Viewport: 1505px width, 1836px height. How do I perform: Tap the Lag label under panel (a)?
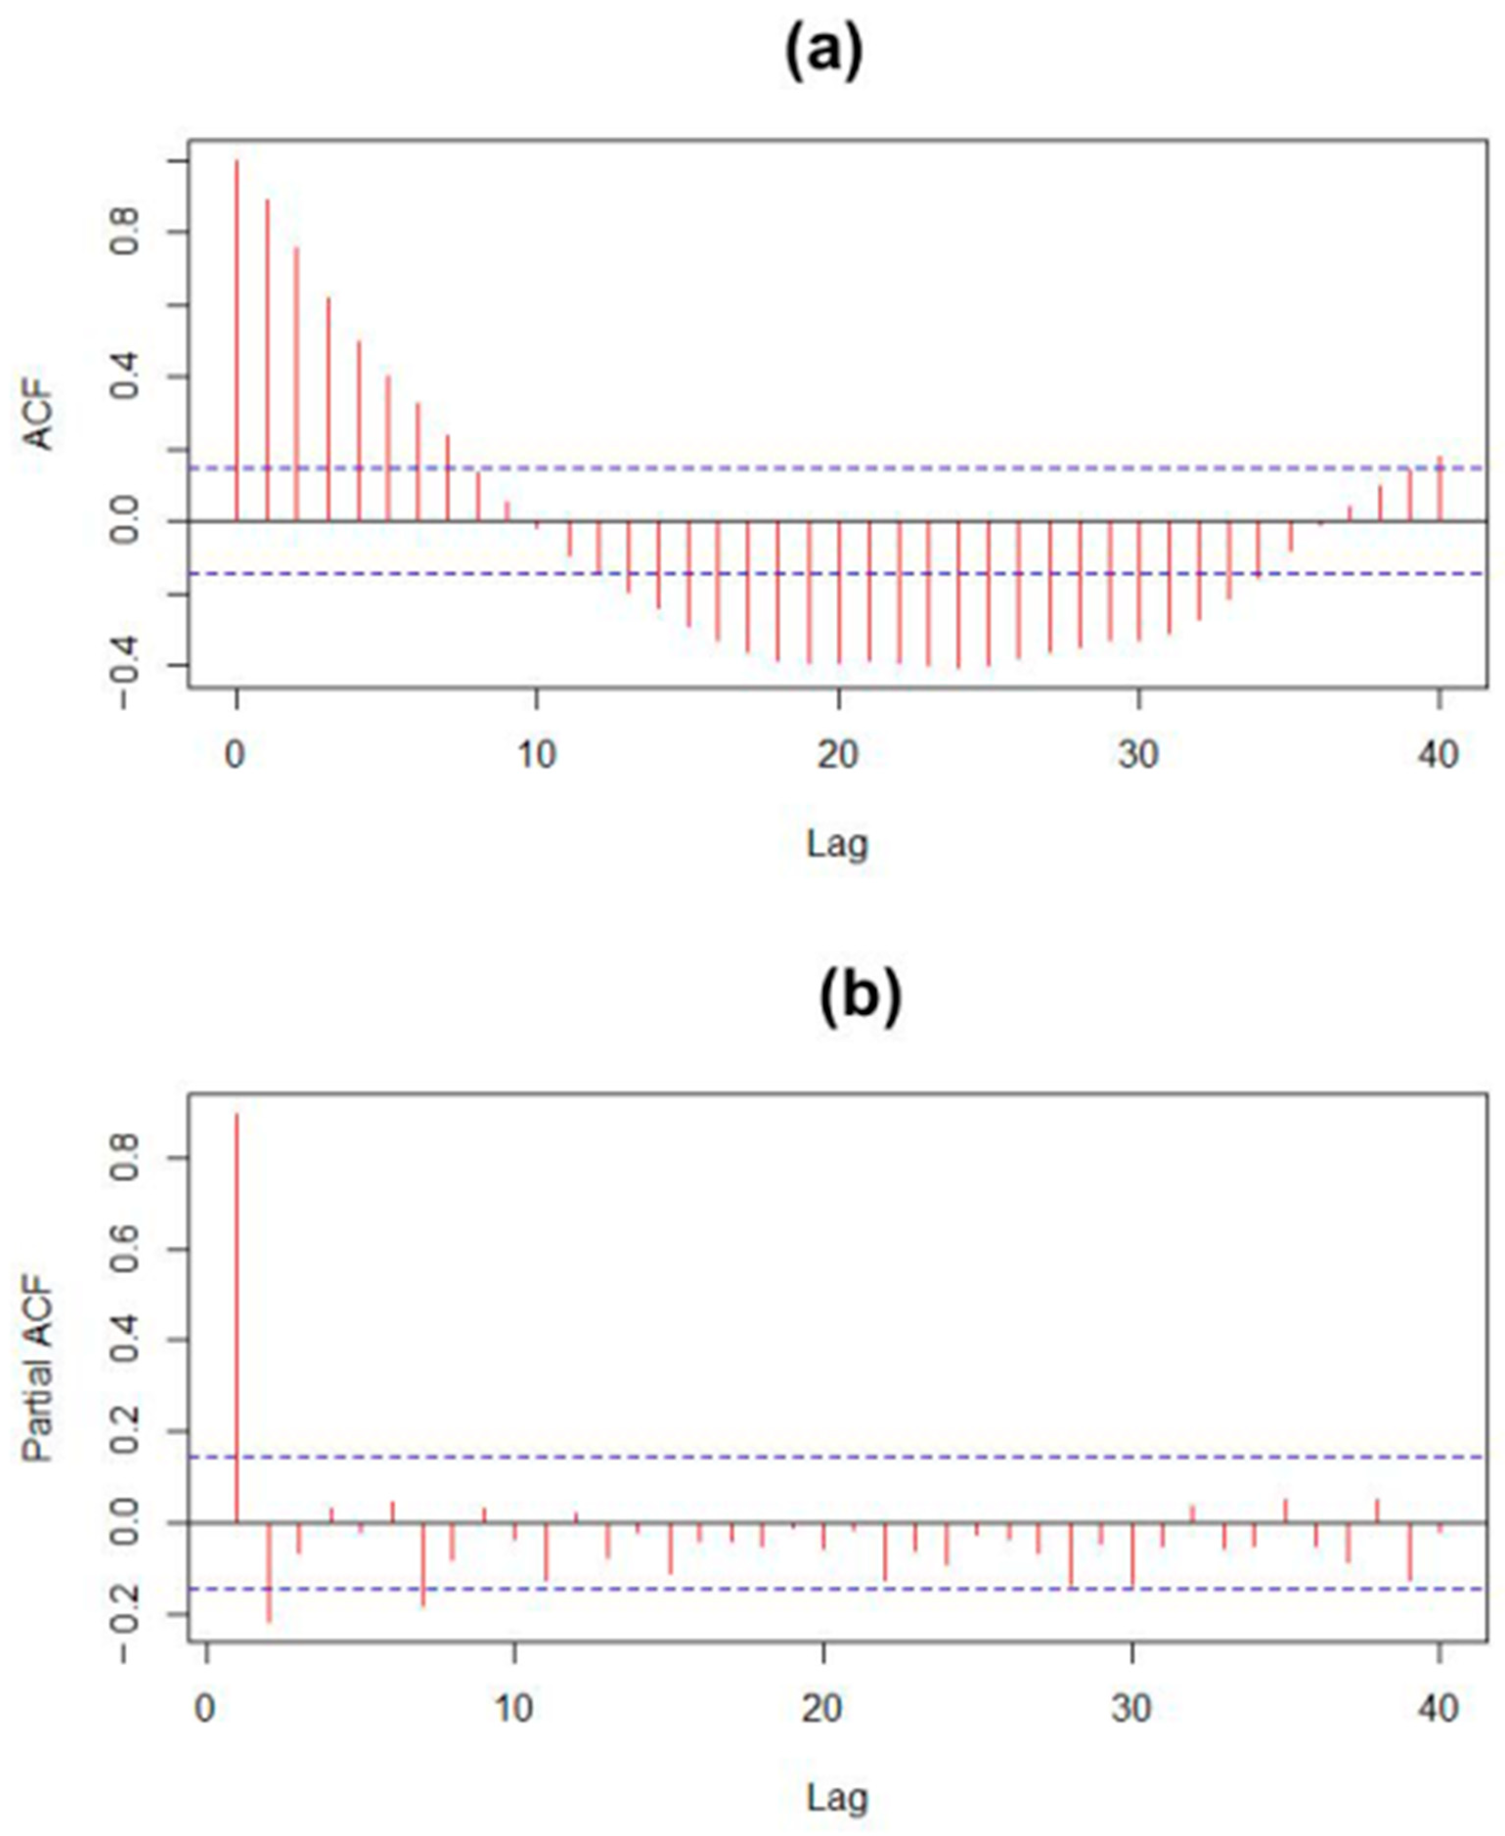pos(837,843)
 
